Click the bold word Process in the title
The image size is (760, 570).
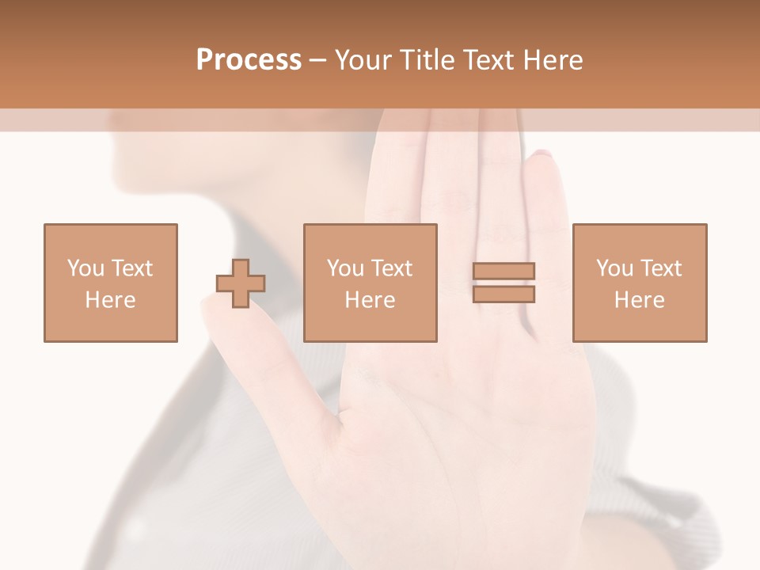point(249,60)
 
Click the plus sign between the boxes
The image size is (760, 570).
point(241,283)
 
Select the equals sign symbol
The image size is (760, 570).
point(503,283)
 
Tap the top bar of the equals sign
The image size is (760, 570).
point(503,272)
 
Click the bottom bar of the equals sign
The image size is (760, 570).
point(503,294)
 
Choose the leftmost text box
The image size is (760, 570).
point(110,283)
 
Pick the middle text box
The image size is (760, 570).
point(370,283)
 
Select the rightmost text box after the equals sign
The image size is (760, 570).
point(639,283)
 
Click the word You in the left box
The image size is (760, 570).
point(85,268)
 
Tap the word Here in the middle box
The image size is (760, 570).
point(370,300)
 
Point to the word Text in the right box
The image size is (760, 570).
point(661,268)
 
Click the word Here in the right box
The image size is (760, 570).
point(639,300)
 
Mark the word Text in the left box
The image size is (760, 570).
point(131,268)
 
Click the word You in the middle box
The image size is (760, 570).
point(345,268)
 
